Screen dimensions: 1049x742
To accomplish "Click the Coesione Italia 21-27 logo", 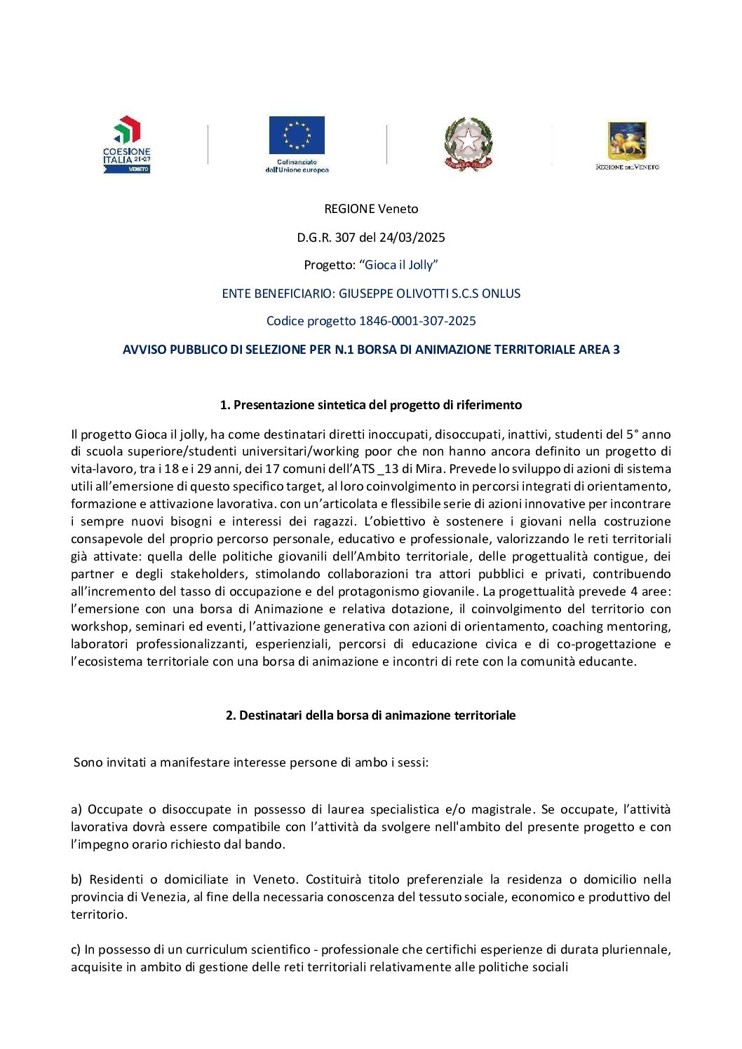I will click(127, 144).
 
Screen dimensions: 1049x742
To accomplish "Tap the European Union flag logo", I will click(297, 144).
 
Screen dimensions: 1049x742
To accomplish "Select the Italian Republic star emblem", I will click(468, 144).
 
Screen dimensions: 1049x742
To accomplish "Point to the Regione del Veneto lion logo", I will click(627, 145).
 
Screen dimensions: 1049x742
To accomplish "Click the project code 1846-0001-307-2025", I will click(417, 321).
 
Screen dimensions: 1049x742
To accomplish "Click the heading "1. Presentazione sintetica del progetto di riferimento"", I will click(371, 405).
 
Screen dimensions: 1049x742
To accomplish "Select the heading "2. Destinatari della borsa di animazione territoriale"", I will click(371, 715).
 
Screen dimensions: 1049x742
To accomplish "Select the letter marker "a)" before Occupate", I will click(76, 809).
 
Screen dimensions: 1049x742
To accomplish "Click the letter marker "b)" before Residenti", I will click(76, 879).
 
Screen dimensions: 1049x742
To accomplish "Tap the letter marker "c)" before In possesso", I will click(76, 949).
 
